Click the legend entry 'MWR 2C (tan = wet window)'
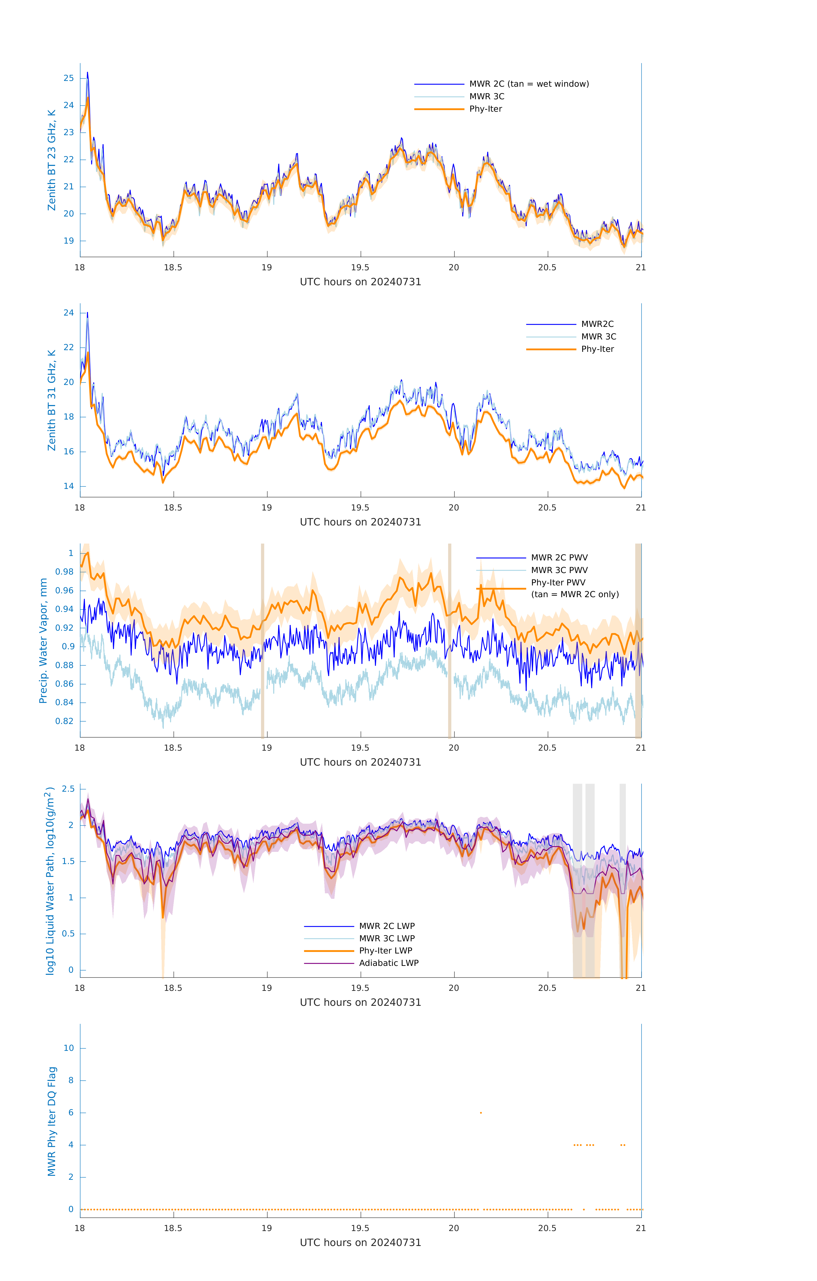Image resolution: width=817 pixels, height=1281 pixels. [528, 84]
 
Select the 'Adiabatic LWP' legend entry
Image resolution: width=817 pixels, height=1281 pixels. [389, 963]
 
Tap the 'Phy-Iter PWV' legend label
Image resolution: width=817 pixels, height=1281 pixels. [558, 582]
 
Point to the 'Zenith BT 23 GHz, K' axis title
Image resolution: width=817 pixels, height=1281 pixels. [52, 160]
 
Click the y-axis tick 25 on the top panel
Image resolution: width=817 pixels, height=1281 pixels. [69, 78]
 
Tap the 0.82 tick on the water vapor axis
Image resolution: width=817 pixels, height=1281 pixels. [65, 721]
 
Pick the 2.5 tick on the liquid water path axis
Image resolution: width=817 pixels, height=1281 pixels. [68, 789]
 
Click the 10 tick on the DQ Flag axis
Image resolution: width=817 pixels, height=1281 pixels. [69, 1048]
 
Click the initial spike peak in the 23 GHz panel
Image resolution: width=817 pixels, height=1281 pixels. [87, 73]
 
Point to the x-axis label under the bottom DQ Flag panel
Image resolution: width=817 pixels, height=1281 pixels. [360, 1243]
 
